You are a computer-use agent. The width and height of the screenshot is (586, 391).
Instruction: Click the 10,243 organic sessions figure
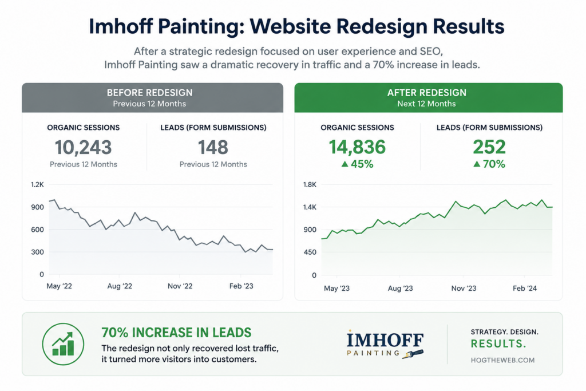[x=84, y=147]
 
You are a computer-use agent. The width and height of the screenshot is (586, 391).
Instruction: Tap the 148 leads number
[x=213, y=147]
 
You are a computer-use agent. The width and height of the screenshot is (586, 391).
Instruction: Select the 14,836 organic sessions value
[x=357, y=147]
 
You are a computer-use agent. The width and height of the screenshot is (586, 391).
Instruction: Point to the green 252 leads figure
[x=489, y=147]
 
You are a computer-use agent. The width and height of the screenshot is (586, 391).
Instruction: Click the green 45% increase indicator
[x=357, y=164]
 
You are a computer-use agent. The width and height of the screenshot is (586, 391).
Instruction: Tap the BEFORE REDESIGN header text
[x=149, y=93]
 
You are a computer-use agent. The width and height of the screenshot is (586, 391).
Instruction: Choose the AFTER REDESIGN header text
[x=427, y=93]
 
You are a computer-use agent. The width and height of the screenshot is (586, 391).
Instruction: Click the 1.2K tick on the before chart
[x=37, y=185]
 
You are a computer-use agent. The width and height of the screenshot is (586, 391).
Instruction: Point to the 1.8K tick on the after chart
[x=310, y=185]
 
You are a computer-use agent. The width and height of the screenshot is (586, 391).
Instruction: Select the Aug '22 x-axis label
[x=120, y=286]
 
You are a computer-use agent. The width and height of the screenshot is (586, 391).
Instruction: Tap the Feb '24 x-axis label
[x=525, y=288]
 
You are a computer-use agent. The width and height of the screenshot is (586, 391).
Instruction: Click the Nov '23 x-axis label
[x=464, y=288]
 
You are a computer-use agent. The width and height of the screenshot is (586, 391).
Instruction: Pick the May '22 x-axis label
[x=59, y=286]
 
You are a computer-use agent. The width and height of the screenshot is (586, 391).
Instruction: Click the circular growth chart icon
[x=63, y=344]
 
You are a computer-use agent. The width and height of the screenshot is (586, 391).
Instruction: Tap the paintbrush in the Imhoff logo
[x=413, y=354]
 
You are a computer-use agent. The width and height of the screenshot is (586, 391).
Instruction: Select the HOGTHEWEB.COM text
[x=502, y=360]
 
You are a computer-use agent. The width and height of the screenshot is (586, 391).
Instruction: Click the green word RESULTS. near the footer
[x=498, y=344]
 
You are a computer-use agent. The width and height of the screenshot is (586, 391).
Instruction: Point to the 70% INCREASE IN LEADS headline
[x=176, y=333]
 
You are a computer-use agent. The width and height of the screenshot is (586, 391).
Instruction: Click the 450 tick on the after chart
[x=310, y=252]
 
